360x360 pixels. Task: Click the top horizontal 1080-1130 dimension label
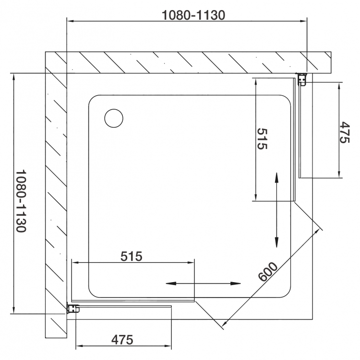(193, 15)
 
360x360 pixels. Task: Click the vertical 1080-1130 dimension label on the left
(21, 201)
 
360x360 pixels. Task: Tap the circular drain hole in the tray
(114, 118)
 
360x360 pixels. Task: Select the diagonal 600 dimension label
(268, 272)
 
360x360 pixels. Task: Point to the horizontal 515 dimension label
(132, 256)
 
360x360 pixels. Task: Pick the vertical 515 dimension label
(262, 139)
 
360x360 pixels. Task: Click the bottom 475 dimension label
(122, 340)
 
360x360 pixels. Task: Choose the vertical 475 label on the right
(344, 132)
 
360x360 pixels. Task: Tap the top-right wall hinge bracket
(302, 79)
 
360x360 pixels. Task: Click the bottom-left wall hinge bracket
(73, 308)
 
